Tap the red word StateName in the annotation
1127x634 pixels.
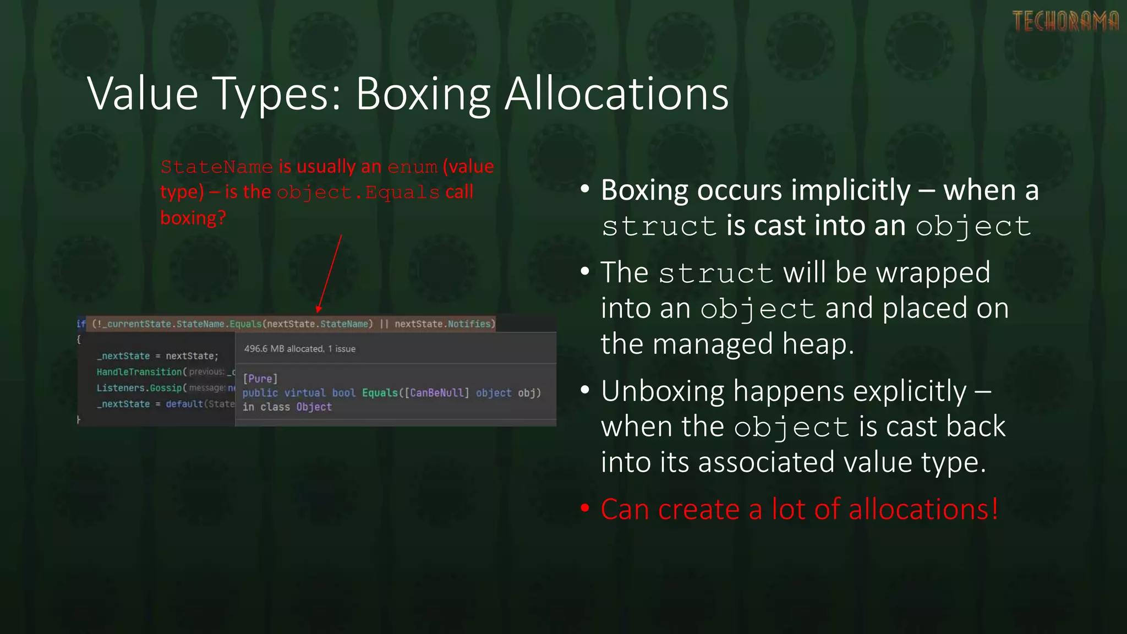216,167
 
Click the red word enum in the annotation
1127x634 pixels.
412,167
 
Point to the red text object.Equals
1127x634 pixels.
358,193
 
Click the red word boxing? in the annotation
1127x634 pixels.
193,218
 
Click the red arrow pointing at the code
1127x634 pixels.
330,273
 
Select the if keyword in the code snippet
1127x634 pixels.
81,324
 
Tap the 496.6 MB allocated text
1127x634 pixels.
284,349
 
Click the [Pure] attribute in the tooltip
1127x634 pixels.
260,379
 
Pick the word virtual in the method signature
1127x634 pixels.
305,393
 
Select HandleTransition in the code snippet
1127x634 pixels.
139,372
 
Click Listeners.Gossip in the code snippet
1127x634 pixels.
139,388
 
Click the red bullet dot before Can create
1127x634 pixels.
585,509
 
